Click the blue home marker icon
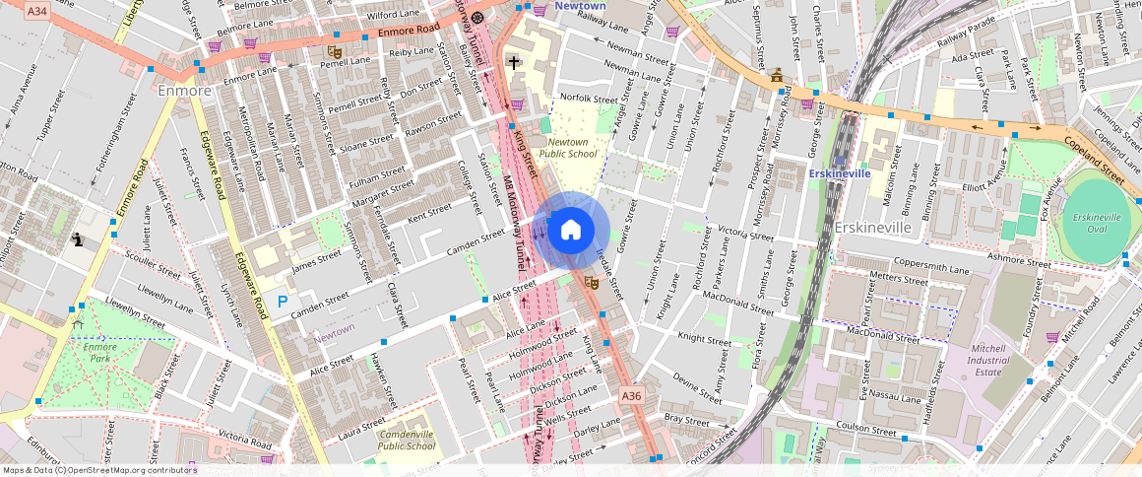pyautogui.click(x=570, y=231)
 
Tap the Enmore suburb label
pyautogui.click(x=184, y=91)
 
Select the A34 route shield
pyautogui.click(x=36, y=11)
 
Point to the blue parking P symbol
pyautogui.click(x=283, y=303)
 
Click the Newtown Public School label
pyautogui.click(x=569, y=148)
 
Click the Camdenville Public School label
pyautogui.click(x=407, y=440)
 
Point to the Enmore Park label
pyautogui.click(x=99, y=353)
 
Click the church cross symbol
pyautogui.click(x=513, y=62)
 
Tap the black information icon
pyautogui.click(x=78, y=239)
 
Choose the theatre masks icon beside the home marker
pyautogui.click(x=591, y=282)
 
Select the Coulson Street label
pyautogui.click(x=866, y=429)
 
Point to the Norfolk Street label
pyautogui.click(x=589, y=99)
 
